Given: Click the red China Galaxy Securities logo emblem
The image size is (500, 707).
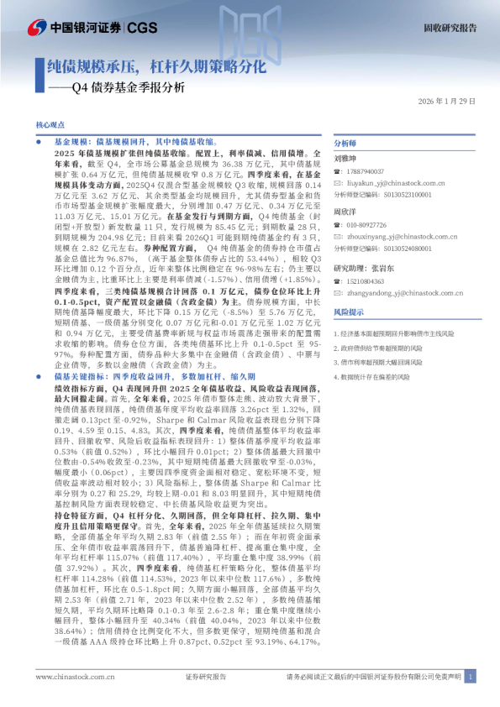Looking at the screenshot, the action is (x=38, y=28).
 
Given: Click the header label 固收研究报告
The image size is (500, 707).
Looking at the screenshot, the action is (x=449, y=28).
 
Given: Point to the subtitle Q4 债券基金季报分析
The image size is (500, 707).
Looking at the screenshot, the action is (x=126, y=86).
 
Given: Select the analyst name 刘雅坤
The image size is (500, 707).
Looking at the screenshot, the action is (x=345, y=158).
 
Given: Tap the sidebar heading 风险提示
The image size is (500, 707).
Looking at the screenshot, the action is (x=349, y=312).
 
